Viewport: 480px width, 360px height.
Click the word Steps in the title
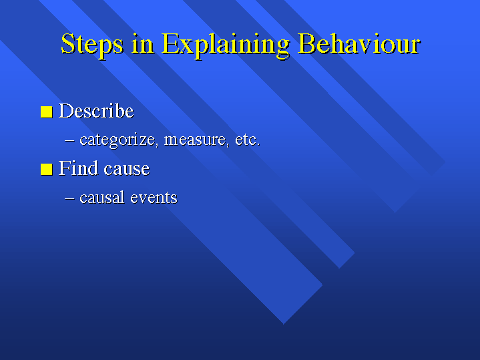pyautogui.click(x=92, y=45)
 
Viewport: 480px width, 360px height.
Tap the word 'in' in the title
pyautogui.click(x=143, y=43)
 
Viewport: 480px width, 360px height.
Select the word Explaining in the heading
pyautogui.click(x=226, y=45)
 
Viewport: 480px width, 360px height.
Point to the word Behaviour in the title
pyautogui.click(x=359, y=43)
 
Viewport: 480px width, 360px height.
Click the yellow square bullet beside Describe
pyautogui.click(x=47, y=112)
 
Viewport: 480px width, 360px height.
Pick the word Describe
pyautogui.click(x=96, y=110)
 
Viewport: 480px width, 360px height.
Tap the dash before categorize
pyautogui.click(x=69, y=140)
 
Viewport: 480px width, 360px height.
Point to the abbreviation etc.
pyautogui.click(x=248, y=140)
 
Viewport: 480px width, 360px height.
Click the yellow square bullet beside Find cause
pyautogui.click(x=47, y=169)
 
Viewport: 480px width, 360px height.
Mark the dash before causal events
pyautogui.click(x=69, y=198)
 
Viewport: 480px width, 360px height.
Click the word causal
pyautogui.click(x=102, y=197)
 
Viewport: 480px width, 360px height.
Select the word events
pyautogui.click(x=154, y=198)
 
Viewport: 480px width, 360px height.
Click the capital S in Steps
pyautogui.click(x=68, y=43)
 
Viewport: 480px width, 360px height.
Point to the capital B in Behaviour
pyautogui.click(x=308, y=43)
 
